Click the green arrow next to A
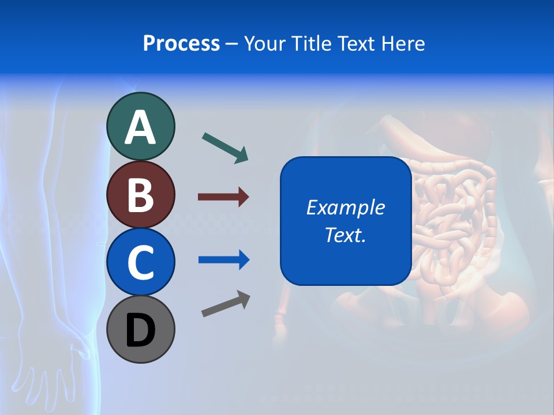(x=225, y=148)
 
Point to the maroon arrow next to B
(x=223, y=197)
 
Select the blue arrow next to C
(x=224, y=260)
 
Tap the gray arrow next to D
(x=226, y=304)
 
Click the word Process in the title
(x=181, y=44)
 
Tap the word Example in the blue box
(x=346, y=207)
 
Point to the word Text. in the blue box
(x=346, y=235)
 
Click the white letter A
(x=141, y=127)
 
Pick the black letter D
(x=141, y=330)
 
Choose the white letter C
(x=141, y=262)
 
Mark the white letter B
(x=141, y=195)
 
